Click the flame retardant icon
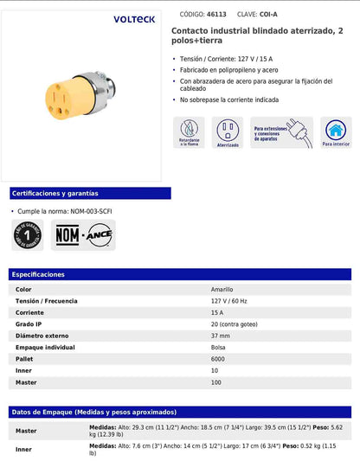pos(190,132)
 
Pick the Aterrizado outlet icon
pos(228,132)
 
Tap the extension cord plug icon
pos(281,132)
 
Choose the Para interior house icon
pos(336,132)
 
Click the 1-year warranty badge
pos(29,234)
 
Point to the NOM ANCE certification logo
pos(84,234)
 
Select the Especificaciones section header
pos(40,274)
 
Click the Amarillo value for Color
pos(222,289)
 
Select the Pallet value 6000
pos(219,359)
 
